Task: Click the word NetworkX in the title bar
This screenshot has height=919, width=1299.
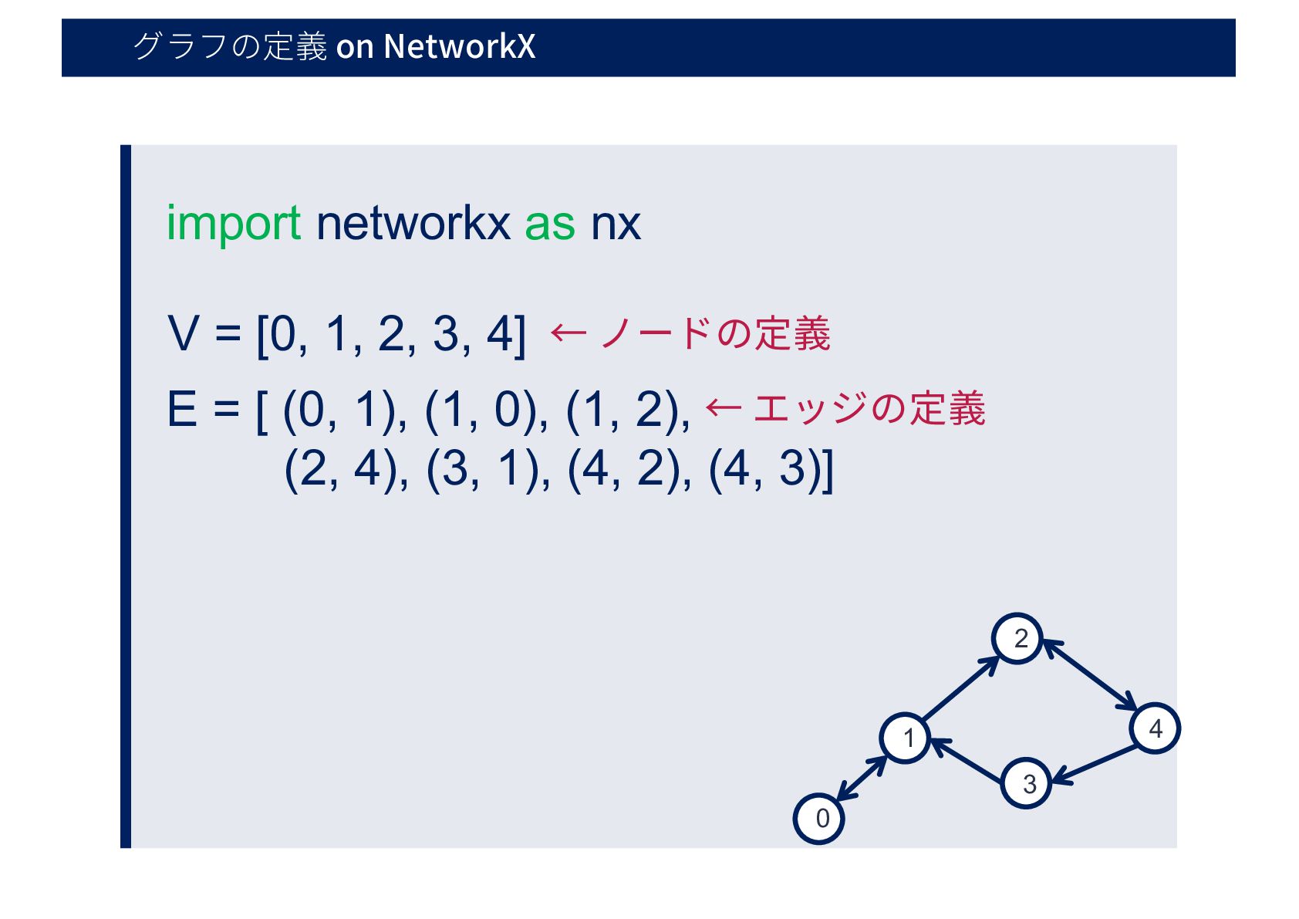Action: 459,46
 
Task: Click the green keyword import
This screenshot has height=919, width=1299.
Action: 233,224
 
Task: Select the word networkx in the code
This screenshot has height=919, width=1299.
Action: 413,224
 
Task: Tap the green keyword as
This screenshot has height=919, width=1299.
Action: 549,224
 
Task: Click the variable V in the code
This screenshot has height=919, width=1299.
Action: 184,334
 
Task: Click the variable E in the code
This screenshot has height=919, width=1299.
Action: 182,409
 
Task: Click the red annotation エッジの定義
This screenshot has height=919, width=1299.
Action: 869,408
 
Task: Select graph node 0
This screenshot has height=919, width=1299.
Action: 818,818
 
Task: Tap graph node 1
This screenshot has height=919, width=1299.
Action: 906,738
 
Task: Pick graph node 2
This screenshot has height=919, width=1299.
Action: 1017,639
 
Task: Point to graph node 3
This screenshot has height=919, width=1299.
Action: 1026,783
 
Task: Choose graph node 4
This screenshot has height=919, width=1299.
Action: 1155,728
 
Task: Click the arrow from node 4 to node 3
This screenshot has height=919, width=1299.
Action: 1095,765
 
